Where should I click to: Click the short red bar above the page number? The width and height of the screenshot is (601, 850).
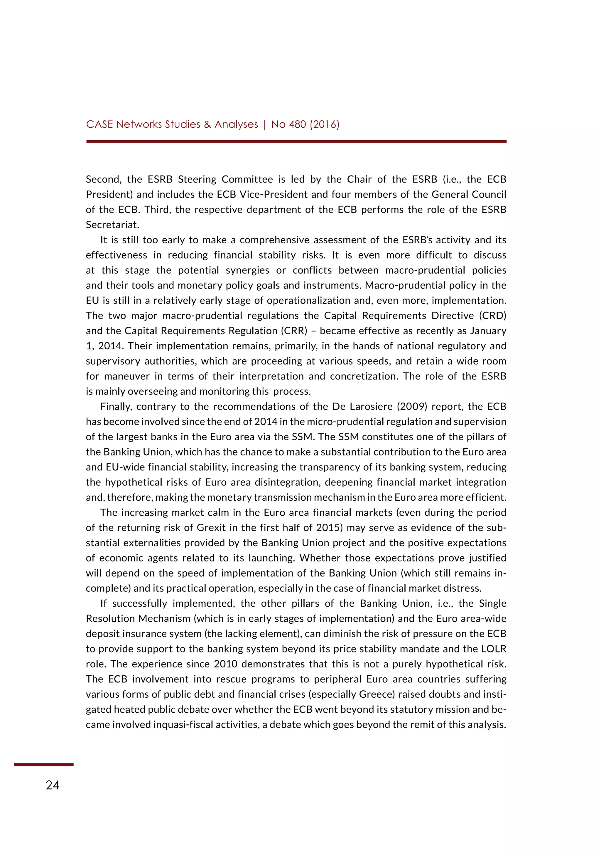(44, 764)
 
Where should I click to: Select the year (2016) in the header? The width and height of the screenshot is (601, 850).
(325, 124)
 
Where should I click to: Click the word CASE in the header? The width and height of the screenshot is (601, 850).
(99, 124)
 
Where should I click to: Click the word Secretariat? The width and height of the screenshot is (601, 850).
(112, 225)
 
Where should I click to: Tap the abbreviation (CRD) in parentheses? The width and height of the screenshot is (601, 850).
(493, 316)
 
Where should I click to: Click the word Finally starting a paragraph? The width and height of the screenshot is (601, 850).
(115, 407)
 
